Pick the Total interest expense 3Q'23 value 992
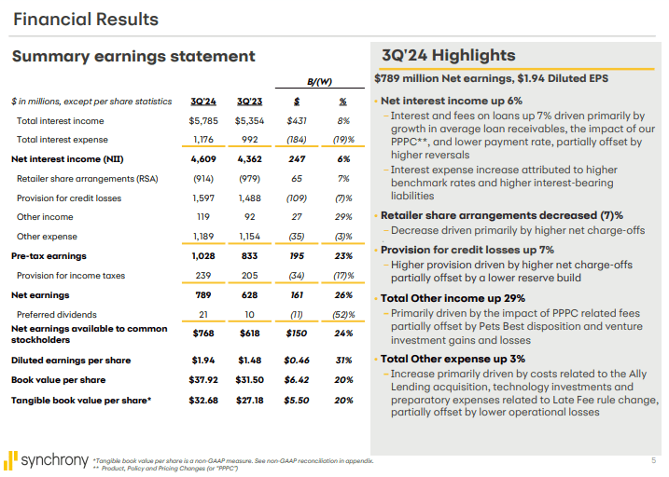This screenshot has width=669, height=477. pyautogui.click(x=252, y=140)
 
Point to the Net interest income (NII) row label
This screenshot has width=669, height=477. pyautogui.click(x=68, y=159)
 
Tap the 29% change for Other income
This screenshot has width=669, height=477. pyautogui.click(x=343, y=217)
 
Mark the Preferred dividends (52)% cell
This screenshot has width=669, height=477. pyautogui.click(x=343, y=314)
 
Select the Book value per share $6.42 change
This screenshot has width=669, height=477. pyautogui.click(x=297, y=380)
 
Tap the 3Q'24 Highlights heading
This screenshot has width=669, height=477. pyautogui.click(x=448, y=56)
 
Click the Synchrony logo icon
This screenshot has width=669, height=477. pyautogui.click(x=11, y=459)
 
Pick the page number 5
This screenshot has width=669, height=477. pyautogui.click(x=652, y=460)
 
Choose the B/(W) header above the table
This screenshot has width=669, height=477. pyautogui.click(x=320, y=81)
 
